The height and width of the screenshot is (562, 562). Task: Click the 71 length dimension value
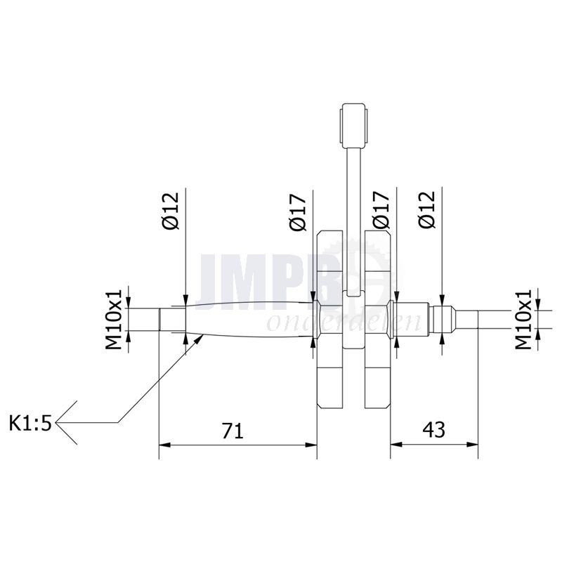(x=233, y=431)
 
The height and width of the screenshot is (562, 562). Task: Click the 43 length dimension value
(x=433, y=429)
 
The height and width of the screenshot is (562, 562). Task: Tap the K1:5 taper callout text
(x=30, y=424)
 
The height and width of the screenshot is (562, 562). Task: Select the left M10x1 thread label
(x=114, y=320)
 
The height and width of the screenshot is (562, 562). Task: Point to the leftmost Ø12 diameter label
(x=170, y=211)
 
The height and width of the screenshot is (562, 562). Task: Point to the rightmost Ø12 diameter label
(x=426, y=209)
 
